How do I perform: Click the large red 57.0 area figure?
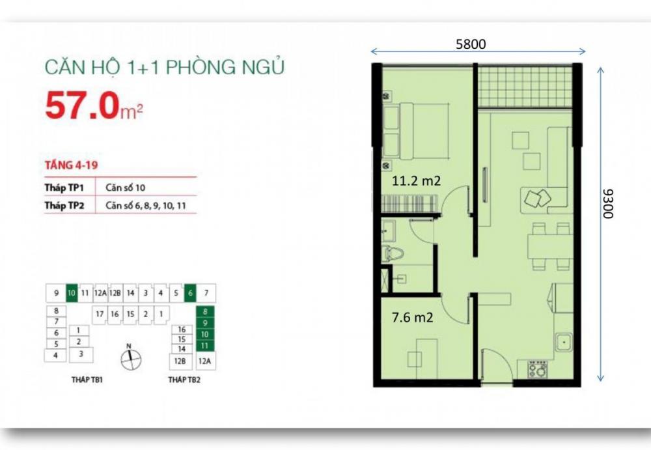tap(82, 105)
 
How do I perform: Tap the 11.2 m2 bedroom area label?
tap(417, 181)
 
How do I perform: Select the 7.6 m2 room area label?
tap(412, 317)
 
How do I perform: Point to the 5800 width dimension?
tap(471, 44)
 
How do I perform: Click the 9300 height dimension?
tap(608, 204)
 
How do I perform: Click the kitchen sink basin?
tap(564, 342)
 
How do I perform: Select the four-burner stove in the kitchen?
tap(538, 369)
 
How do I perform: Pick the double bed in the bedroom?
tap(416, 131)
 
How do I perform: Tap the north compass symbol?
tap(131, 358)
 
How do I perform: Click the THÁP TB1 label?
tap(87, 380)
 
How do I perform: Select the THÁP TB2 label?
tap(184, 380)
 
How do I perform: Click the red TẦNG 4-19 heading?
tap(71, 165)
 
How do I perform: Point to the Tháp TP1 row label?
tap(64, 188)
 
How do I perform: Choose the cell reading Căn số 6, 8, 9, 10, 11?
tap(146, 206)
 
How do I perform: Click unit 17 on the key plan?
tap(100, 314)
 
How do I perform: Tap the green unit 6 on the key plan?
tap(190, 293)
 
